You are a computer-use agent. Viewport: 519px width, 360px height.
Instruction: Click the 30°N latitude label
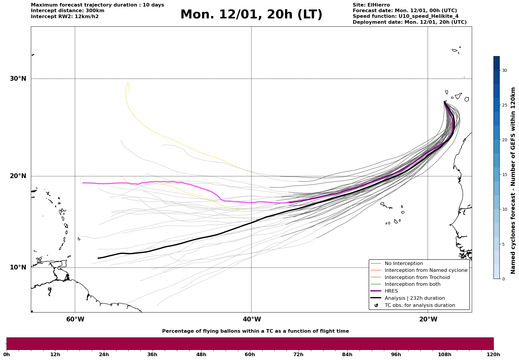pos(18,79)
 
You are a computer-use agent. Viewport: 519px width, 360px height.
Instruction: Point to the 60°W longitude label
pos(75,319)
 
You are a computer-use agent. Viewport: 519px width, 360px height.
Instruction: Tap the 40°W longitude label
pos(252,319)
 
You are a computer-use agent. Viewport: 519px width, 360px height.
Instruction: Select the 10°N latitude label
pos(18,267)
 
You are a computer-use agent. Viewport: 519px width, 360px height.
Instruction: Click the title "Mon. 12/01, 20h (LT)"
pos(251,15)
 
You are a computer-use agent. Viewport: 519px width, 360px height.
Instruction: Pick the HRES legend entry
pos(391,291)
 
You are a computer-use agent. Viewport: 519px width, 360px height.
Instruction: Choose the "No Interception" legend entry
pos(404,264)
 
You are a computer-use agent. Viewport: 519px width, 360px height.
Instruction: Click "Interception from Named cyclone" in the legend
pos(426,270)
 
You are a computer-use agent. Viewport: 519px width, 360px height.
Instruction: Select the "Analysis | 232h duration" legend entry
pos(414,298)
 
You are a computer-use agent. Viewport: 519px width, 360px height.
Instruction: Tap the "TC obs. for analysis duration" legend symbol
pos(376,305)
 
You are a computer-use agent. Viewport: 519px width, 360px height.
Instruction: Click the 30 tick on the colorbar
pos(504,70)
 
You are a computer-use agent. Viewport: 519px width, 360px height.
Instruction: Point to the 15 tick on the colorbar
pos(504,175)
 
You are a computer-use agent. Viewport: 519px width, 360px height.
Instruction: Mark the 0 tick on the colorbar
pos(503,279)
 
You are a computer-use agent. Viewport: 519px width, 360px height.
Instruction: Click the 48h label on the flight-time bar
pos(201,354)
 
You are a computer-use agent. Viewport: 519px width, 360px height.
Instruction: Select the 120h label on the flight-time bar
pos(493,354)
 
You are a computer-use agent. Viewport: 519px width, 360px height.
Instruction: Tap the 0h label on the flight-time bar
pos(7,354)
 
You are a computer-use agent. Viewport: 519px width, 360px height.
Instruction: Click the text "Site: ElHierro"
pos(371,5)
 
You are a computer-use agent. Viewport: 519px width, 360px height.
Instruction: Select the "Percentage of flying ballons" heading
pos(255,331)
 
